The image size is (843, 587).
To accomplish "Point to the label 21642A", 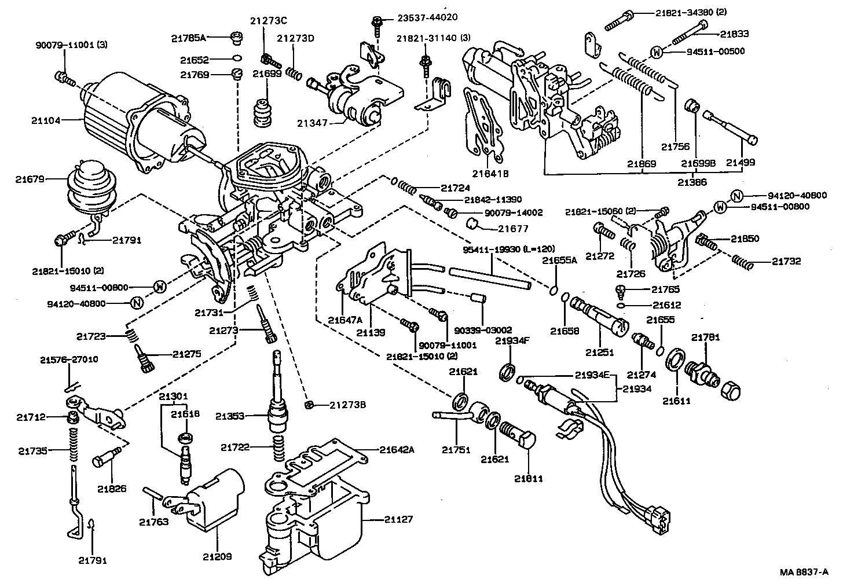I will (397, 449).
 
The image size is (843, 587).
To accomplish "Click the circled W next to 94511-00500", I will (656, 52).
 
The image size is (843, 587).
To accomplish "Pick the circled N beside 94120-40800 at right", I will (736, 196).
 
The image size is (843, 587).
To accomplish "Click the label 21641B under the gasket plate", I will (489, 173).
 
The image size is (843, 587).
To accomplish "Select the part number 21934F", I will (512, 341).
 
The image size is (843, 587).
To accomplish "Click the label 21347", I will (313, 123).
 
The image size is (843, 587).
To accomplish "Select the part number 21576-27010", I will (69, 359).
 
